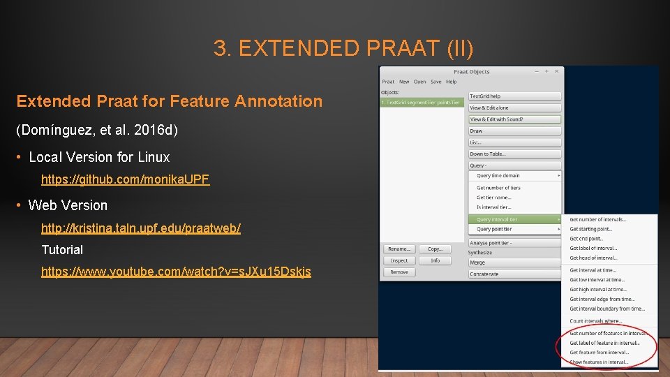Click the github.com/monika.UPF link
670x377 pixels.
pos(125,179)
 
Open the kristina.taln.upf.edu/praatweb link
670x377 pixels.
pos(140,228)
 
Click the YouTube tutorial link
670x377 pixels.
pos(176,272)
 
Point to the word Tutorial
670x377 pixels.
pos(62,249)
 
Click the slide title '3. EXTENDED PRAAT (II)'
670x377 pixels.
pos(343,49)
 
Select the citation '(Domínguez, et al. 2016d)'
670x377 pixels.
pos(97,130)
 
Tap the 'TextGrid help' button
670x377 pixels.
pos(514,96)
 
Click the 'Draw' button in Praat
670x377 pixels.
pos(514,131)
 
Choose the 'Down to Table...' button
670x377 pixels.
pos(514,154)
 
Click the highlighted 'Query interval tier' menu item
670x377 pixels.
pos(514,219)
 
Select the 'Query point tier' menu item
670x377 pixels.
pos(514,229)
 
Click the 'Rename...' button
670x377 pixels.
pos(399,249)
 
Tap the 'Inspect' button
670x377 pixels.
pos(399,260)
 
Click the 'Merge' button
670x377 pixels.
pos(514,263)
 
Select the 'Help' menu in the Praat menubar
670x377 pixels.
pos(452,82)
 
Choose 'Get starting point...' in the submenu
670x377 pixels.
pos(591,229)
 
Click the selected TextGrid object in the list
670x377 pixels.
pos(422,103)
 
